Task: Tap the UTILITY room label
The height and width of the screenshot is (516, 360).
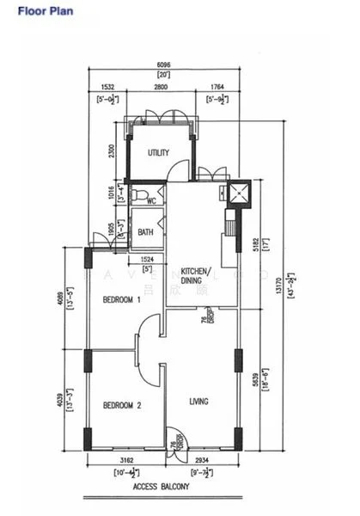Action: click(x=158, y=153)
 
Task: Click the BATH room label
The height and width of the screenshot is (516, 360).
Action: click(x=145, y=231)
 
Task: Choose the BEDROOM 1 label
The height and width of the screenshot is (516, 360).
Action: click(x=121, y=300)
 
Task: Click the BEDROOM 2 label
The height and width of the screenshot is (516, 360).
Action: click(x=121, y=405)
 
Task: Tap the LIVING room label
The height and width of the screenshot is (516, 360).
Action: click(x=199, y=401)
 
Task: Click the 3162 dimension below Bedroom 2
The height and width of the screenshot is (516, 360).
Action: click(x=125, y=462)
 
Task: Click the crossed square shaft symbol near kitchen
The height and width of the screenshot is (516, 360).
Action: click(x=236, y=193)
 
